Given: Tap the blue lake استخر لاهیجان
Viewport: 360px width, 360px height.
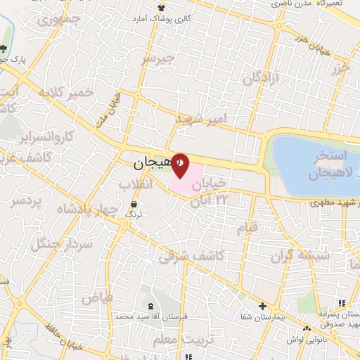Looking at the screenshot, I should (316, 166).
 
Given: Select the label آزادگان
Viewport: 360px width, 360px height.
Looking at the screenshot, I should (262, 78).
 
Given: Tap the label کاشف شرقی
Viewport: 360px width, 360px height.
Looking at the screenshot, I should (191, 256).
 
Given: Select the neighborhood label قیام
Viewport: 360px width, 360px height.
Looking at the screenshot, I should (246, 226).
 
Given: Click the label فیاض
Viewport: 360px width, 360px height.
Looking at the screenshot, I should (96, 297).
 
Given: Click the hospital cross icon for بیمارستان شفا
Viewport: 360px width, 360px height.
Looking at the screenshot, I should (262, 306).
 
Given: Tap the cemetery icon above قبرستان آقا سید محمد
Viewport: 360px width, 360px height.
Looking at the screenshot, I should (152, 306).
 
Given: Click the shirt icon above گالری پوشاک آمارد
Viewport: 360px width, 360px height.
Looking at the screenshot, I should (162, 7).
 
